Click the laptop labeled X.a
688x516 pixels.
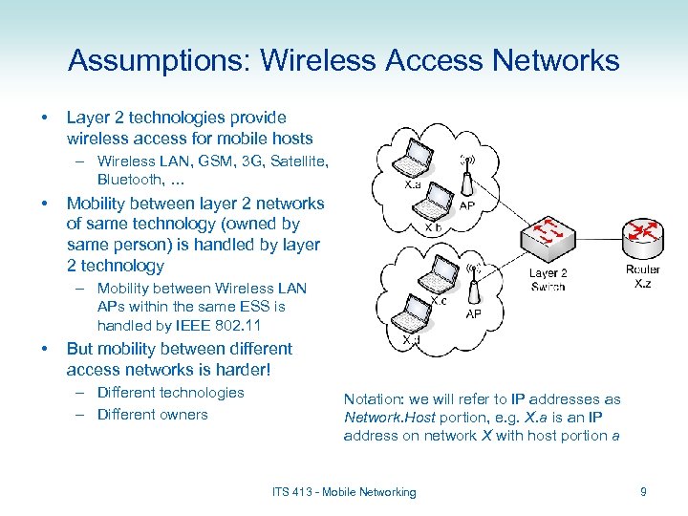(x=418, y=155)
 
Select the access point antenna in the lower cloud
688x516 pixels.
(x=473, y=283)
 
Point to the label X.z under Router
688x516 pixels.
(x=643, y=284)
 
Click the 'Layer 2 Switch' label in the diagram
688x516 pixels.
(x=548, y=280)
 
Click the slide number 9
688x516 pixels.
(x=643, y=492)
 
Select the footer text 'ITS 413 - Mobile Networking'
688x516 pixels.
(x=344, y=492)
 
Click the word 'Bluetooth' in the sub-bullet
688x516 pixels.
(x=129, y=180)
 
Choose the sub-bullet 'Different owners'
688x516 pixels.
(x=152, y=414)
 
